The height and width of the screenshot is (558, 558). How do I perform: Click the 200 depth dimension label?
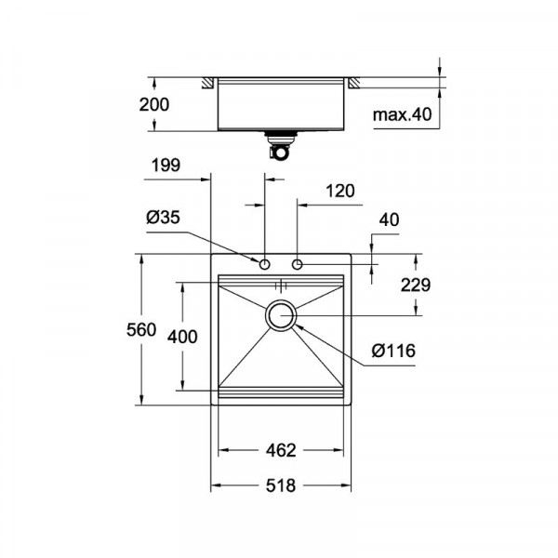coord(155,104)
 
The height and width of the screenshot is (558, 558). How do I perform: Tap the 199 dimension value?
coord(165,167)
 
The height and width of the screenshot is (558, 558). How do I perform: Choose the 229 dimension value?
coord(413,285)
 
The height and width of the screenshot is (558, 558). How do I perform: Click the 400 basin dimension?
coord(183,337)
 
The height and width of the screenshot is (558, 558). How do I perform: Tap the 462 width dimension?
coord(280,451)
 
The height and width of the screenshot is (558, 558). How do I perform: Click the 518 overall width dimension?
coord(280,485)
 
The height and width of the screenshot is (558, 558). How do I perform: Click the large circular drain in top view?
coord(281,315)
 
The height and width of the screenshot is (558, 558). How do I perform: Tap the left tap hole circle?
coord(265,265)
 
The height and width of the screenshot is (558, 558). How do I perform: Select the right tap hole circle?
coord(298,265)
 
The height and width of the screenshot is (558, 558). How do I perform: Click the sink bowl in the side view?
coord(280,105)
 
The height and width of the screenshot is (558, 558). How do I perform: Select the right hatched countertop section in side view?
coord(354,84)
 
